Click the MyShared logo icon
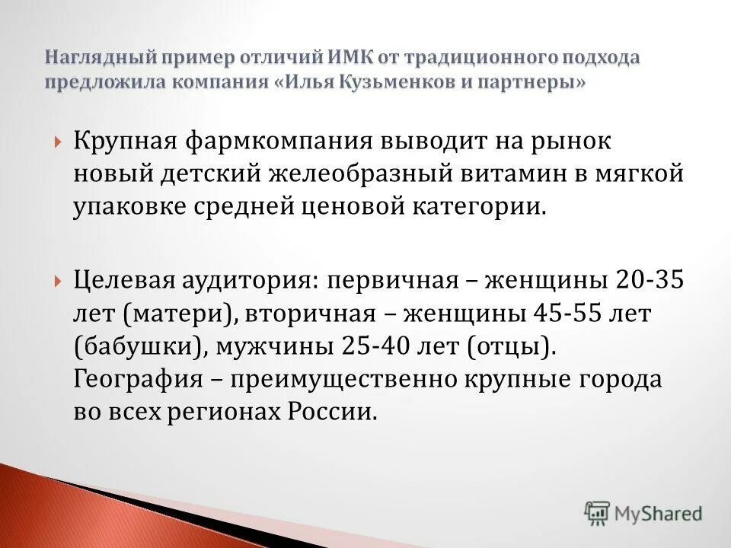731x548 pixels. click(598, 513)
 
